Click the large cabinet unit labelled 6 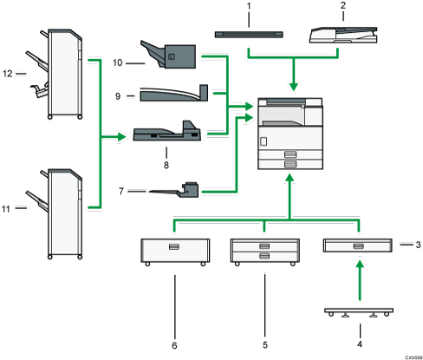(173, 250)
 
